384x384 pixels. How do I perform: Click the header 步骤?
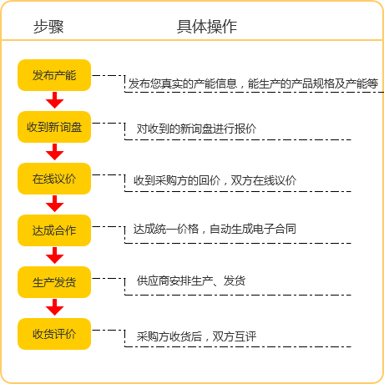[48, 27]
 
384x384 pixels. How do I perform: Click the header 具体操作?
[207, 27]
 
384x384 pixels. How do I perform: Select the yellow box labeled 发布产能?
[54, 75]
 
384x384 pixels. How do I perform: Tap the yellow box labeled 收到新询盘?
[54, 127]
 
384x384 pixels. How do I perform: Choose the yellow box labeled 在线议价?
[54, 179]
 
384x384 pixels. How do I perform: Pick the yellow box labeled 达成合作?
[54, 230]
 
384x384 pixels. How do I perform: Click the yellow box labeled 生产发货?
[54, 282]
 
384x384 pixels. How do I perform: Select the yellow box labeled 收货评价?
[54, 334]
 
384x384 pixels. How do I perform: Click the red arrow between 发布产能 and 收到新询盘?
[54, 100]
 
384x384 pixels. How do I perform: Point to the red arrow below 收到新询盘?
[54, 152]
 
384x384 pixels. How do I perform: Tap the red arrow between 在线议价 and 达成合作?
[54, 204]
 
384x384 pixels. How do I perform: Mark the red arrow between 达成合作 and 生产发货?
[54, 255]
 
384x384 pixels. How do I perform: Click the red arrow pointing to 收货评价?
[54, 307]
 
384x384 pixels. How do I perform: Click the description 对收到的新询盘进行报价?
[196, 129]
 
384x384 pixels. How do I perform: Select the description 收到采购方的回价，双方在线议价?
[215, 180]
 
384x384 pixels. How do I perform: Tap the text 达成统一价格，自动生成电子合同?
[215, 229]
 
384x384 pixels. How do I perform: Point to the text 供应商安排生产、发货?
[191, 280]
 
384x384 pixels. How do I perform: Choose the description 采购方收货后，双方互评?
[196, 336]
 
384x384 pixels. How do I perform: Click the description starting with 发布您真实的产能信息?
[253, 83]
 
